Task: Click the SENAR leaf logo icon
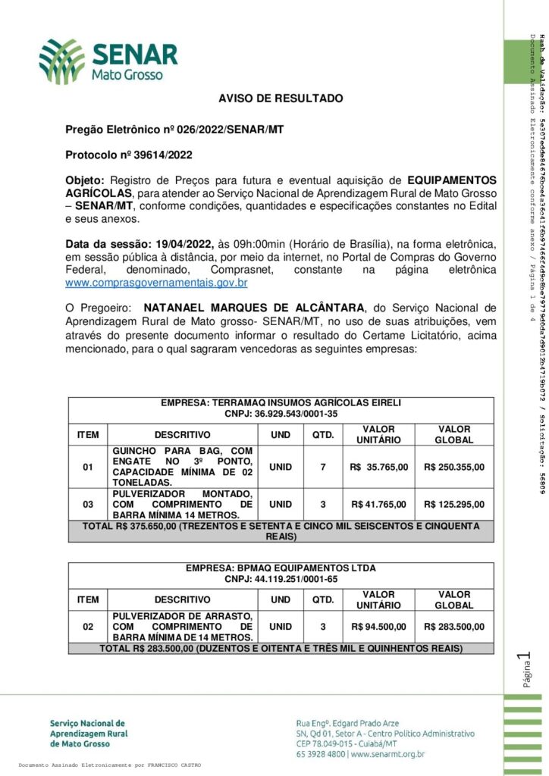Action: click(62, 61)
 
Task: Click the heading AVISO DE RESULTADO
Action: click(281, 99)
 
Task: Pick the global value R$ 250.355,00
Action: click(453, 467)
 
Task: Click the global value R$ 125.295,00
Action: click(453, 504)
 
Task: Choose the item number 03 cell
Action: click(88, 504)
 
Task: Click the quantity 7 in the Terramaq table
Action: click(323, 467)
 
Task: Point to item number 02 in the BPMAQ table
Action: click(88, 627)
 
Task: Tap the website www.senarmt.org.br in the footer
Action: click(387, 754)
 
